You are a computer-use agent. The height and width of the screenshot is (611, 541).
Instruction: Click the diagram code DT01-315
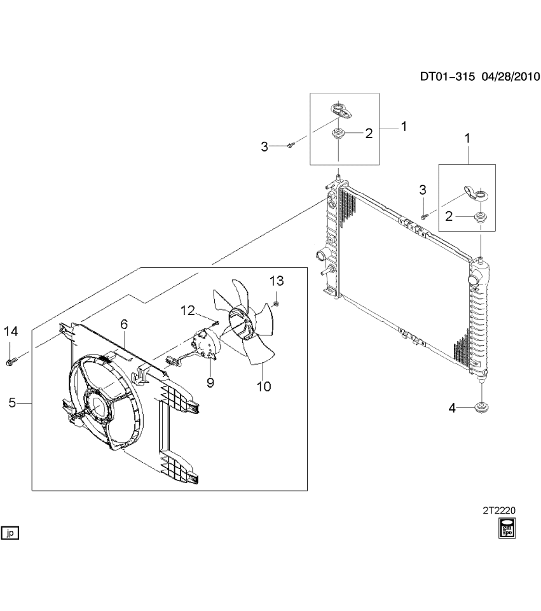(448, 76)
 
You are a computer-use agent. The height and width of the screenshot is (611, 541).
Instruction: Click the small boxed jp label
(11, 533)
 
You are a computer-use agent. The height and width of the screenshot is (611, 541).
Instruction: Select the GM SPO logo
(507, 528)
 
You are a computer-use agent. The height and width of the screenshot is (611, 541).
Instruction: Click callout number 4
(452, 409)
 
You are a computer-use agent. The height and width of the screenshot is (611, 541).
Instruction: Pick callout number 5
(12, 402)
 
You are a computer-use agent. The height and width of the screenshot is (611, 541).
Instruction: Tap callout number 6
(124, 325)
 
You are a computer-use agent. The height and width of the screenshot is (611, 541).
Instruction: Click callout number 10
(263, 386)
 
